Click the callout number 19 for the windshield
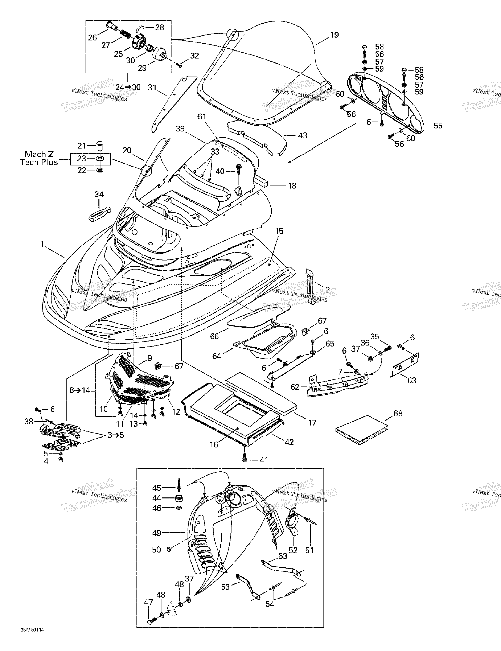[x=334, y=35]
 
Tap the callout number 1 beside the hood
[x=42, y=244]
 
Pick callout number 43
[x=303, y=135]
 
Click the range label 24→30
[x=128, y=87]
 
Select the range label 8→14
[x=80, y=390]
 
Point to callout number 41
[x=264, y=460]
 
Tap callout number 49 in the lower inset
[x=157, y=533]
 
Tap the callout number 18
[x=292, y=186]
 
